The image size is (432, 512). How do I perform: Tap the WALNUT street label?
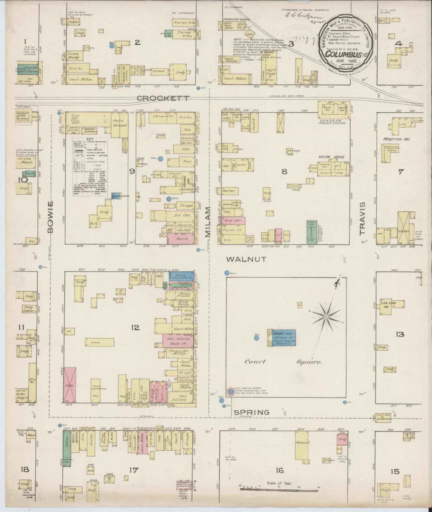pyautogui.click(x=246, y=259)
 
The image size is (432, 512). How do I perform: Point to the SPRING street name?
pyautogui.click(x=252, y=419)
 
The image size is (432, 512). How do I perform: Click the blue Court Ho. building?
pyautogui.click(x=284, y=338)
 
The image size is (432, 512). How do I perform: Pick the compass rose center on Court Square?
pyautogui.click(x=326, y=317)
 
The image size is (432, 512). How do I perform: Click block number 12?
pyautogui.click(x=136, y=328)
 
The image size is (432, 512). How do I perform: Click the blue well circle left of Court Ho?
pyautogui.click(x=256, y=338)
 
